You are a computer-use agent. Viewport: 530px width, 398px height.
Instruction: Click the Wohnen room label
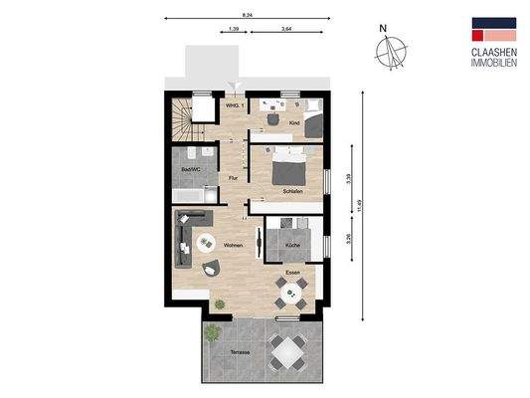tap(234, 245)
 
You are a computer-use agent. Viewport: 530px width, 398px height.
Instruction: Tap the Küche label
tap(292, 245)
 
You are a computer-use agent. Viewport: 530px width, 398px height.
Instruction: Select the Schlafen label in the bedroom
tap(292, 191)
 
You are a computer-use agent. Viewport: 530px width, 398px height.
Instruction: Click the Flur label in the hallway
tap(233, 178)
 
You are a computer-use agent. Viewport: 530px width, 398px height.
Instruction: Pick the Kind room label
tap(293, 122)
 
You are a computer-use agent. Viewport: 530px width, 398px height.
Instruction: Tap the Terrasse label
tap(239, 353)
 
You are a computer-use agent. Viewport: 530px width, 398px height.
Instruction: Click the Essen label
tap(292, 272)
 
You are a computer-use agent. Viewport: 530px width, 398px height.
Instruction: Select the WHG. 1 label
tap(235, 104)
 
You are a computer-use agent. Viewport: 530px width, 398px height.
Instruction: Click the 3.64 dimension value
tap(286, 30)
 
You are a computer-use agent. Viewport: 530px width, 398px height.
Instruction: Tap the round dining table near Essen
tap(291, 292)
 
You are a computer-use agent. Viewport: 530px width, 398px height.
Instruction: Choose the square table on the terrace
tap(288, 349)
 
